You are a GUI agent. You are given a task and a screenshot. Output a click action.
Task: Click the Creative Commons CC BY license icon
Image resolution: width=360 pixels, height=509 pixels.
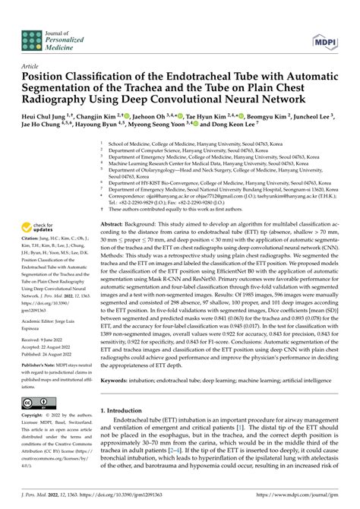[37, 402]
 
